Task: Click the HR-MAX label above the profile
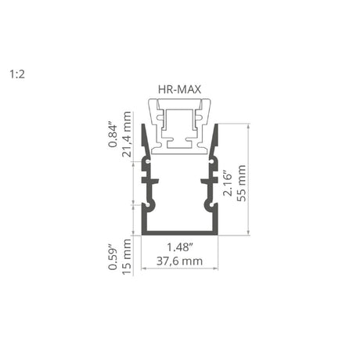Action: pyautogui.click(x=179, y=89)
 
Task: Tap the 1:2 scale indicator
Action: pyautogui.click(x=16, y=75)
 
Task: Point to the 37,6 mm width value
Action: pyautogui.click(x=179, y=261)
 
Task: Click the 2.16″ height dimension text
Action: pyautogui.click(x=227, y=183)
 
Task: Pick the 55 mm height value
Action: pyautogui.click(x=242, y=183)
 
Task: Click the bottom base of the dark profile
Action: pyautogui.click(x=179, y=232)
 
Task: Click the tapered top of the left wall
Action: pyautogui.click(x=144, y=137)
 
